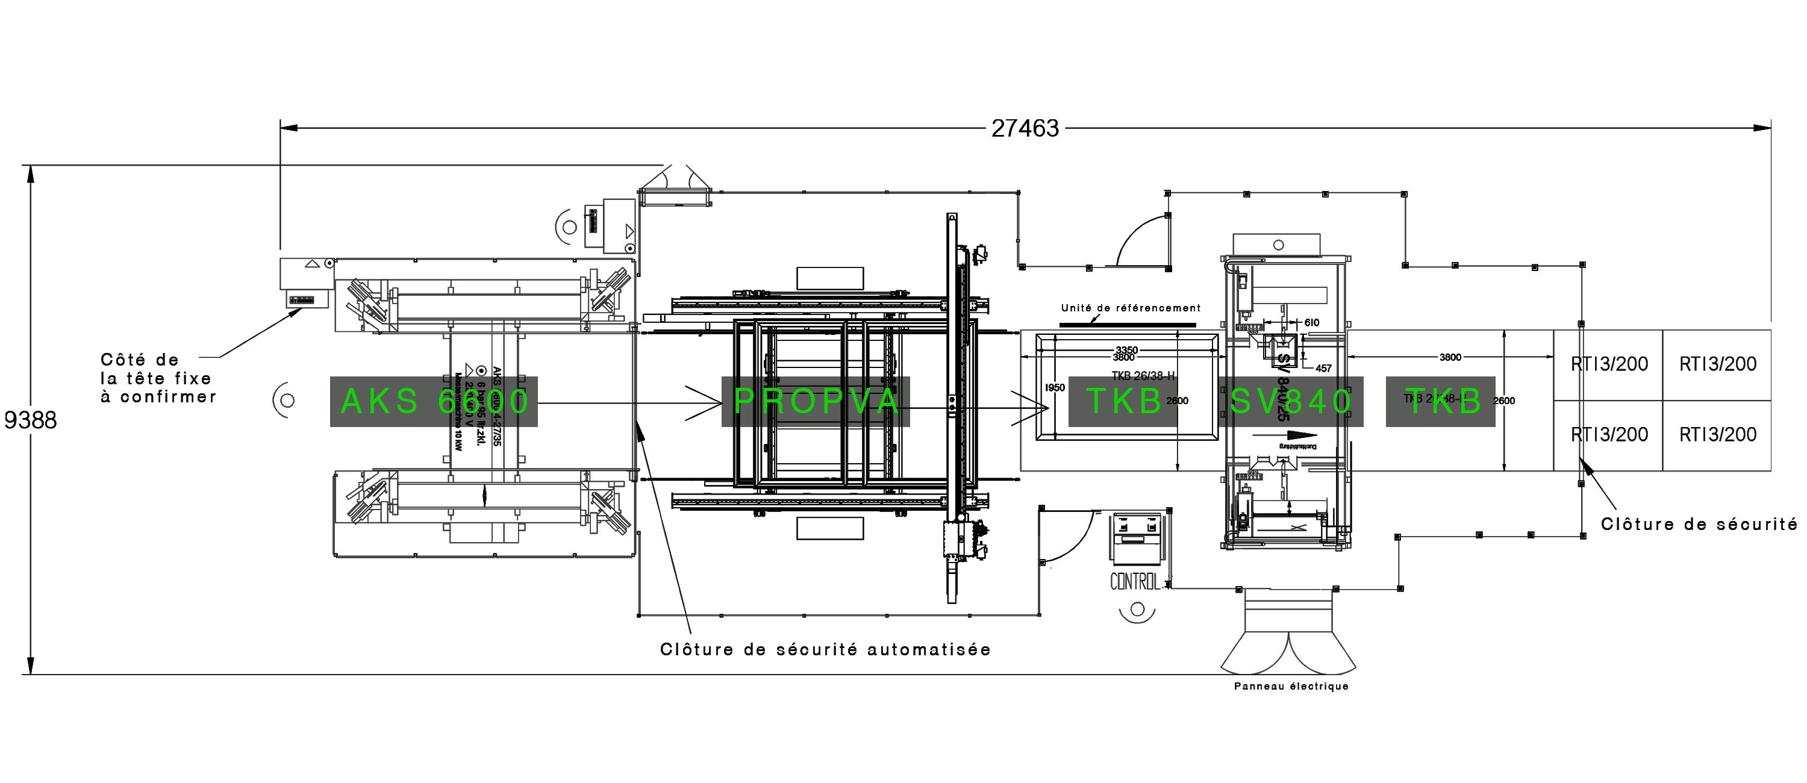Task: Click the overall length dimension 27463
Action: pyautogui.click(x=1025, y=128)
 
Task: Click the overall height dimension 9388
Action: pyautogui.click(x=30, y=420)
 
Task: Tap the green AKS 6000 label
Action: pyautogui.click(x=434, y=401)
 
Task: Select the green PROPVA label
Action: pyautogui.click(x=815, y=401)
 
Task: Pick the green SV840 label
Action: pyautogui.click(x=1291, y=401)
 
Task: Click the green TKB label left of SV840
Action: pyautogui.click(x=1124, y=401)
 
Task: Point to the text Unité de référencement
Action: pyautogui.click(x=1130, y=308)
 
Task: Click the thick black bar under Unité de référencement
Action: pyautogui.click(x=1128, y=325)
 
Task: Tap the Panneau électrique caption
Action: pyautogui.click(x=1291, y=686)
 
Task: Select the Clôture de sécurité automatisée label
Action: pyautogui.click(x=826, y=650)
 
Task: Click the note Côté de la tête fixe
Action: pyautogui.click(x=158, y=378)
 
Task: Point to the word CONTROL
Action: pyautogui.click(x=1135, y=582)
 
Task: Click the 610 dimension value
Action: pyautogui.click(x=1311, y=323)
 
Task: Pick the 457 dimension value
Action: pyautogui.click(x=1323, y=369)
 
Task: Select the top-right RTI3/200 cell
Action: pyautogui.click(x=1717, y=364)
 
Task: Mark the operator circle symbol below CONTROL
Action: pyautogui.click(x=1137, y=609)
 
